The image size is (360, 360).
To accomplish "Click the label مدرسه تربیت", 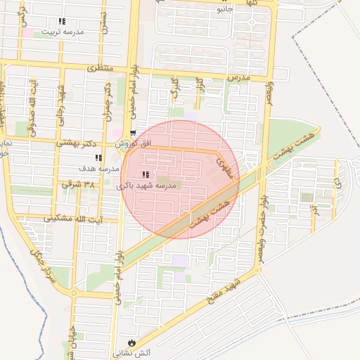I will [63, 32].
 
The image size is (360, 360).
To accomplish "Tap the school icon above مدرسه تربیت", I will [62, 22].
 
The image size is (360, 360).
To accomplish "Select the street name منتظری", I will [100, 68].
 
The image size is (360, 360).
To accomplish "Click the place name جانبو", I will [224, 9].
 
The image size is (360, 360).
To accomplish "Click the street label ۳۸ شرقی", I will [78, 184].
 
